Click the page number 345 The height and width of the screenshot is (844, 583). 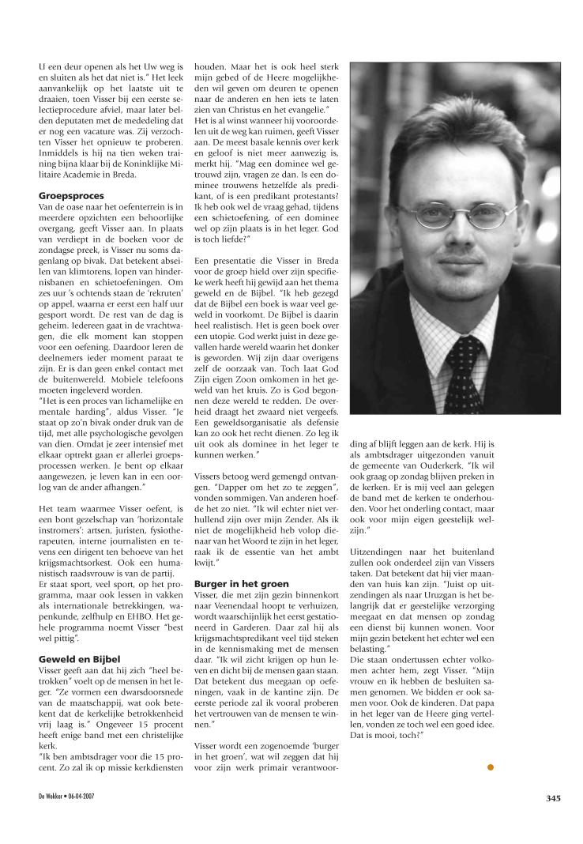[x=552, y=798]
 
